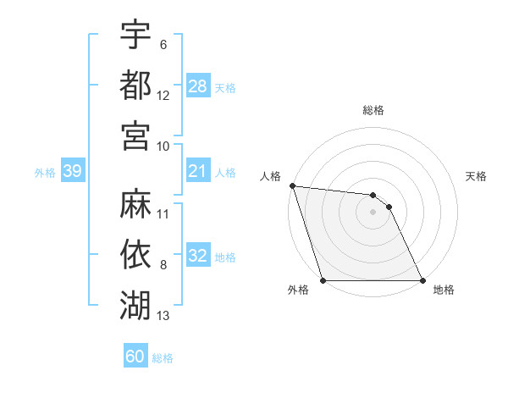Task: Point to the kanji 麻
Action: click(x=135, y=203)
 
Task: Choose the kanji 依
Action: click(x=135, y=254)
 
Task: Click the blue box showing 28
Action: click(x=198, y=86)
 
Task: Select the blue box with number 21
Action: click(x=198, y=172)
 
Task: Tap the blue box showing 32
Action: click(x=198, y=257)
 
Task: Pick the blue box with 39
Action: click(x=73, y=172)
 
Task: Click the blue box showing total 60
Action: click(x=135, y=357)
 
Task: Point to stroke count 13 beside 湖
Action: click(x=163, y=317)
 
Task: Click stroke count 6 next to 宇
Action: click(x=163, y=44)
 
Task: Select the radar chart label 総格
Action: click(x=373, y=110)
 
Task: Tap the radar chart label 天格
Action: click(x=477, y=176)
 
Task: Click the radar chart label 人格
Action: click(x=271, y=176)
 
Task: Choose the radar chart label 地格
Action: click(x=444, y=290)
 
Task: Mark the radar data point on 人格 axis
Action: click(x=292, y=185)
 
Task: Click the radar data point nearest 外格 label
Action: click(x=323, y=280)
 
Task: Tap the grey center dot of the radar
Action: click(x=373, y=212)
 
